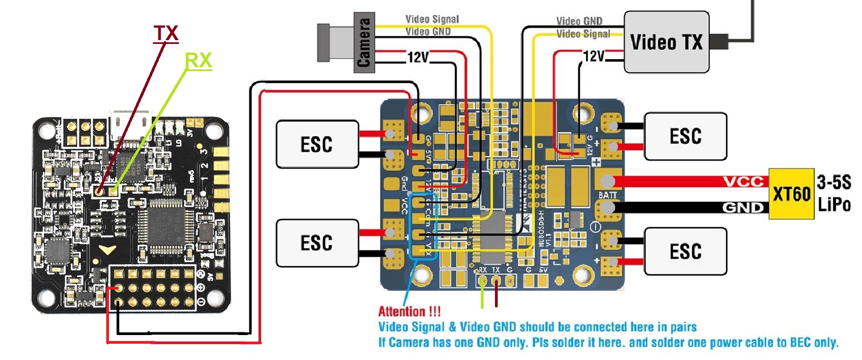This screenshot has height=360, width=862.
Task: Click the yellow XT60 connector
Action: pyautogui.click(x=791, y=194)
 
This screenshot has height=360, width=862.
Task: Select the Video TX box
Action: pyautogui.click(x=666, y=42)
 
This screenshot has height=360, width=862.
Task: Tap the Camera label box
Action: pyautogui.click(x=363, y=42)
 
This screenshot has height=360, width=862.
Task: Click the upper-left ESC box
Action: pyautogui.click(x=317, y=144)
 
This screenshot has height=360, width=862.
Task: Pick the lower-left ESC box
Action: pyautogui.click(x=317, y=243)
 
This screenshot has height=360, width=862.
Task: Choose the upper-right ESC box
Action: pyautogui.click(x=685, y=136)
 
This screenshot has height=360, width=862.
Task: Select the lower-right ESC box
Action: pyautogui.click(x=685, y=251)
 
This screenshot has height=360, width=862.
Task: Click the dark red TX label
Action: pyautogui.click(x=165, y=34)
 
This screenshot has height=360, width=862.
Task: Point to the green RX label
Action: pyautogui.click(x=198, y=61)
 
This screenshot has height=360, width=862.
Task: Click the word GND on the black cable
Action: pyautogui.click(x=743, y=207)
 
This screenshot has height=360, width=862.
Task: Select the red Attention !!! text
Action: pyautogui.click(x=409, y=312)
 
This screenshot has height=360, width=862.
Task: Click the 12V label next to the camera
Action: pyautogui.click(x=418, y=57)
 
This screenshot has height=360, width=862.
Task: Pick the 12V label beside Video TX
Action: pyautogui.click(x=594, y=56)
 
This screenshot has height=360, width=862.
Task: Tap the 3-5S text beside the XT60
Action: pyautogui.click(x=834, y=182)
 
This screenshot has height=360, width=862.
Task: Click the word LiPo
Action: pyautogui.click(x=834, y=205)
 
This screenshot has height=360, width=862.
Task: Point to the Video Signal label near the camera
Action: pyautogui.click(x=432, y=20)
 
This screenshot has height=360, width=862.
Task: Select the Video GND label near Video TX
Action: pyautogui.click(x=579, y=21)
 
